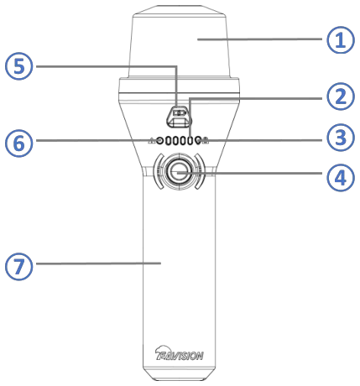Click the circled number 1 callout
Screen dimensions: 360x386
(x=341, y=39)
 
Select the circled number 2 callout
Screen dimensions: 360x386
(x=341, y=96)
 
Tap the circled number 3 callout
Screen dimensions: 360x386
(x=341, y=138)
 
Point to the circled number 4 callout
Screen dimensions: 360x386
(x=341, y=178)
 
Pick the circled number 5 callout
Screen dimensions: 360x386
(x=19, y=66)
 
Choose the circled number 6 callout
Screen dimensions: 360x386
(x=19, y=143)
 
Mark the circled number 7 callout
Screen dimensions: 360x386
(x=19, y=266)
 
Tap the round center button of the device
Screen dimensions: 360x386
(x=179, y=172)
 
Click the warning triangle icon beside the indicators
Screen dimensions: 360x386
(x=152, y=140)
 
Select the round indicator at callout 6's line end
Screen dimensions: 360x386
(x=160, y=140)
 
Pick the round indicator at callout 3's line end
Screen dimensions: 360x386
(x=199, y=140)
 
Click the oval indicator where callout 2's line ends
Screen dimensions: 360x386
(x=190, y=141)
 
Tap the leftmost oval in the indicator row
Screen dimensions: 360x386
(x=168, y=141)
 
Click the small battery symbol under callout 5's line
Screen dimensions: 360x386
(x=179, y=113)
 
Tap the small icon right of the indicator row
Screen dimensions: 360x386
(x=206, y=140)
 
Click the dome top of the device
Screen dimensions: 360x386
(x=179, y=42)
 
